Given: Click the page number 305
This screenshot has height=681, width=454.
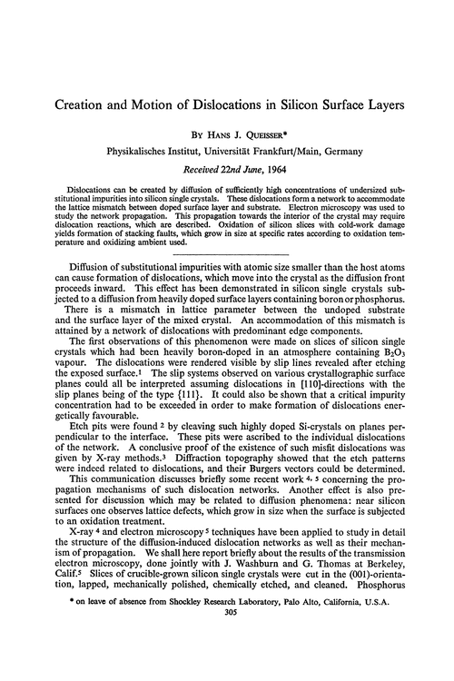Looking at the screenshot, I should coord(227,663).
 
